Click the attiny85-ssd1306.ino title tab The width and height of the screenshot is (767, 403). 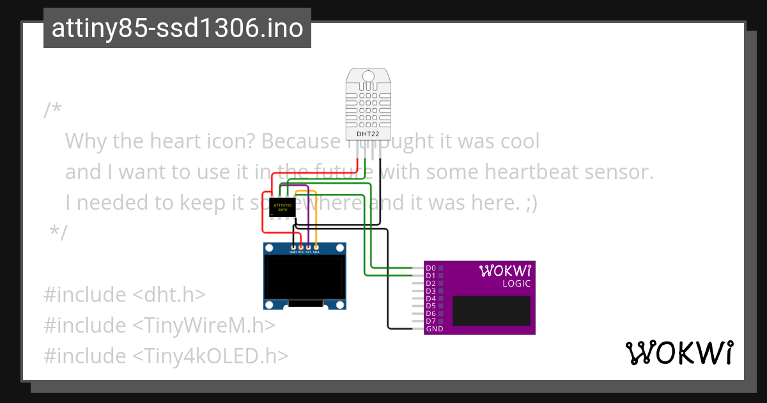177,28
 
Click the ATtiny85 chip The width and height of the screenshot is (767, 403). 282,207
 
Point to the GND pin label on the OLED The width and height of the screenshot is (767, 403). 293,253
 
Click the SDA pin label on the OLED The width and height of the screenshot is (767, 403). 316,253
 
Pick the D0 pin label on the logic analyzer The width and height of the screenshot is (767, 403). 431,268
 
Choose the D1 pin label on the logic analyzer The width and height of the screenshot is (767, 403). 431,276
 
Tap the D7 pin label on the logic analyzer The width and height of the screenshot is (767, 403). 431,321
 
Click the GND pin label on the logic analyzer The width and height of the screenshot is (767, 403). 435,329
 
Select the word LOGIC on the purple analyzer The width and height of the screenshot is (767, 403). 516,283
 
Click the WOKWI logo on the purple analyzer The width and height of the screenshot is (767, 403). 505,271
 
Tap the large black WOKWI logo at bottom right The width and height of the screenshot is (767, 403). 679,352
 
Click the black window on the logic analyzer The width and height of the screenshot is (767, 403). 491,311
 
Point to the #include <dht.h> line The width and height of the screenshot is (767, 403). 125,295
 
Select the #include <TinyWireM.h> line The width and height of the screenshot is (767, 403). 159,326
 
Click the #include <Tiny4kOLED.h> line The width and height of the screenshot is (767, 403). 166,356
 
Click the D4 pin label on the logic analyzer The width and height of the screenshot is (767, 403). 431,299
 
